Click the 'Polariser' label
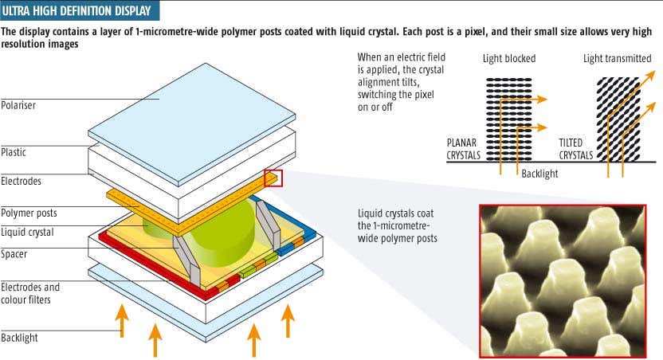coord(18,104)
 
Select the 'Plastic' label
coord(14,150)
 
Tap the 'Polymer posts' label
coord(29,213)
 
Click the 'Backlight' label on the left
coord(19,338)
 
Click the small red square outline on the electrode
coord(273,179)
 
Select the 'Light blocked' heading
coord(509,59)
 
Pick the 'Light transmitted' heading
coord(617,59)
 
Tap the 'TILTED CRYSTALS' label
coord(575,149)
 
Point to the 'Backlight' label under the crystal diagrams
coord(540,173)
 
